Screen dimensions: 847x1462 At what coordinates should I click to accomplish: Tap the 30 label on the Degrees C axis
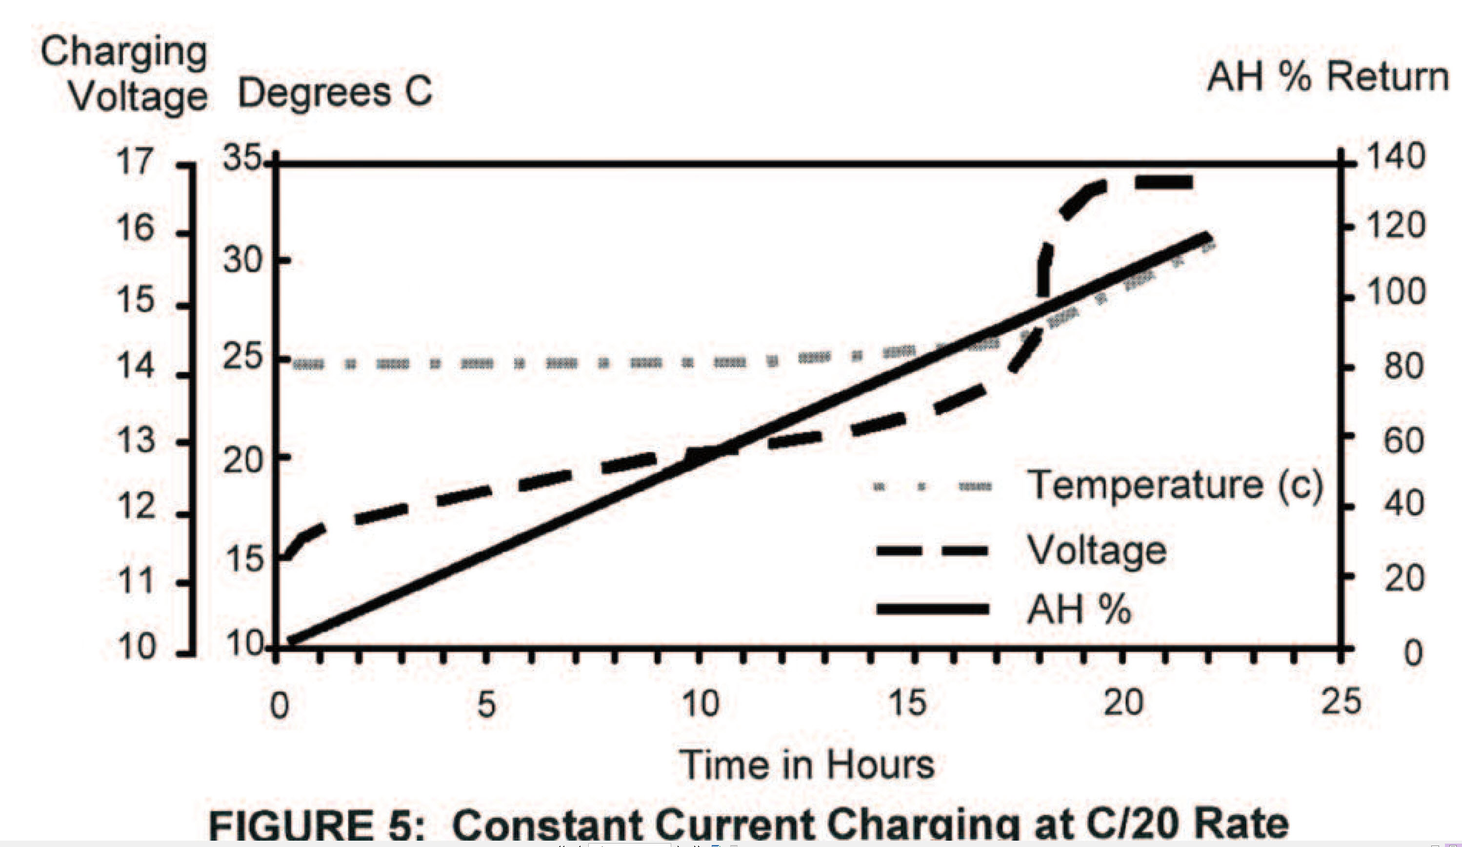coord(242,260)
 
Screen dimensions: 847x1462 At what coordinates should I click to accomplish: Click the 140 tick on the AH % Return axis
coord(1396,156)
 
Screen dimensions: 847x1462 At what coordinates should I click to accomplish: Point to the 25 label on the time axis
coord(1341,702)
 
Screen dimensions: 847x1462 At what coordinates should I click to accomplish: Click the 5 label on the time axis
coord(486,704)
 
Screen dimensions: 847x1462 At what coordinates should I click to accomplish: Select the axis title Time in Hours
coord(807,765)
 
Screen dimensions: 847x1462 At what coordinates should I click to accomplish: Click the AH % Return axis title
coord(1327,77)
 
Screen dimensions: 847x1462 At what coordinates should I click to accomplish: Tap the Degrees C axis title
coord(335,93)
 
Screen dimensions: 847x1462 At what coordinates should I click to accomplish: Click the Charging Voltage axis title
coord(125,74)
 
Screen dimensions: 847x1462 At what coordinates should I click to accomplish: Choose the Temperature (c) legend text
coord(1174,485)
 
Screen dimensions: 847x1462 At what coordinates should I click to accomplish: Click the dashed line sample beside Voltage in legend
coord(932,550)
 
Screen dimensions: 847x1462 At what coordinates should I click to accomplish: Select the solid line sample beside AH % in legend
coord(932,609)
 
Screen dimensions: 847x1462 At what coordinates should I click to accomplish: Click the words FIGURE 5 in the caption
coord(316,826)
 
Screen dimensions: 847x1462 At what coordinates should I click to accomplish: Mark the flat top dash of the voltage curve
coord(1163,183)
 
